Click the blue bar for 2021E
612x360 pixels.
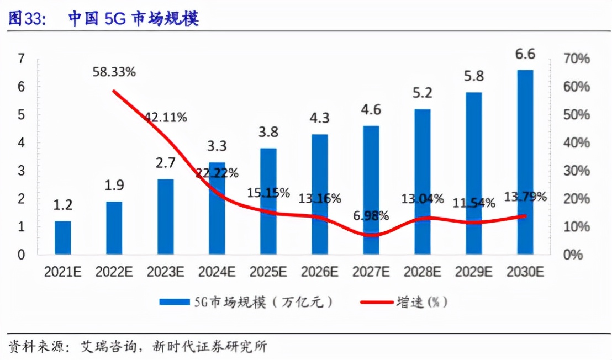[x=62, y=238]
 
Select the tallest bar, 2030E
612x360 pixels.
[x=525, y=162]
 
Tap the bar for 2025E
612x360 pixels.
[x=268, y=202]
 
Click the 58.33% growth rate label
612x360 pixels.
[x=114, y=72]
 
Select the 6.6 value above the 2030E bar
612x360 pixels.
[x=525, y=54]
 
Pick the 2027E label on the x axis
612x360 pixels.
[x=371, y=272]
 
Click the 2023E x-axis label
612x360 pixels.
[x=165, y=272]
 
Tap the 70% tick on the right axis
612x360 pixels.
[x=577, y=59]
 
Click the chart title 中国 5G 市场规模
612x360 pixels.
[x=133, y=18]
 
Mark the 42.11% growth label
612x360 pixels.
[x=166, y=117]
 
